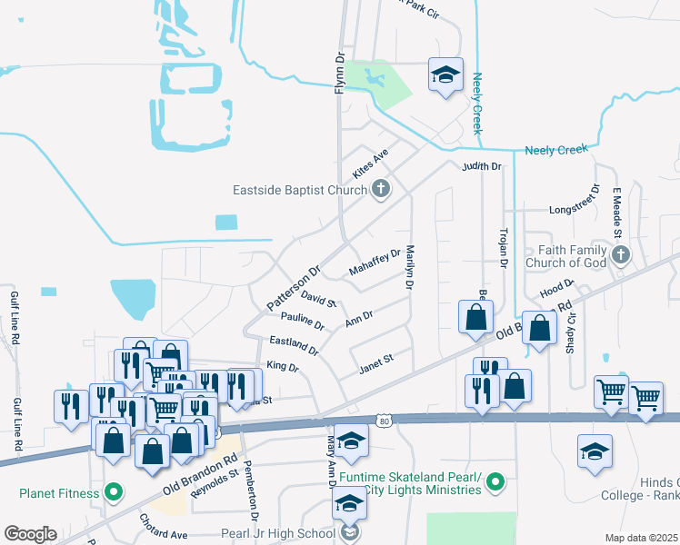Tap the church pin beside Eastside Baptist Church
pos(381,189)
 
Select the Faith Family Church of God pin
pos(620,255)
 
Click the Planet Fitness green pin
pos(113,494)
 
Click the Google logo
pos(30,534)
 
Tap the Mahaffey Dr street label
pos(375,263)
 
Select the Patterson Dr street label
pos(295,286)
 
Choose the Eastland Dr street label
pos(294,344)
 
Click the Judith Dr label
pos(481,167)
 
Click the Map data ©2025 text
pos(642,538)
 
